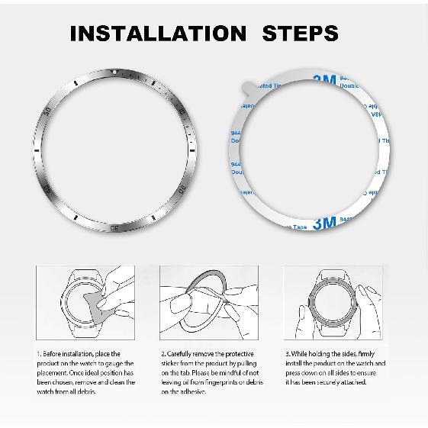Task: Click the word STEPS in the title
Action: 301,34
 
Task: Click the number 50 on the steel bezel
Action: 50,113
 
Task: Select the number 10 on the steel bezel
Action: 181,113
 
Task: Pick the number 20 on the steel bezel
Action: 182,187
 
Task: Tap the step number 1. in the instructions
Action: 39,355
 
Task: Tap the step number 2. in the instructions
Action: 163,355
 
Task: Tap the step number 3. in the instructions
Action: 287,355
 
